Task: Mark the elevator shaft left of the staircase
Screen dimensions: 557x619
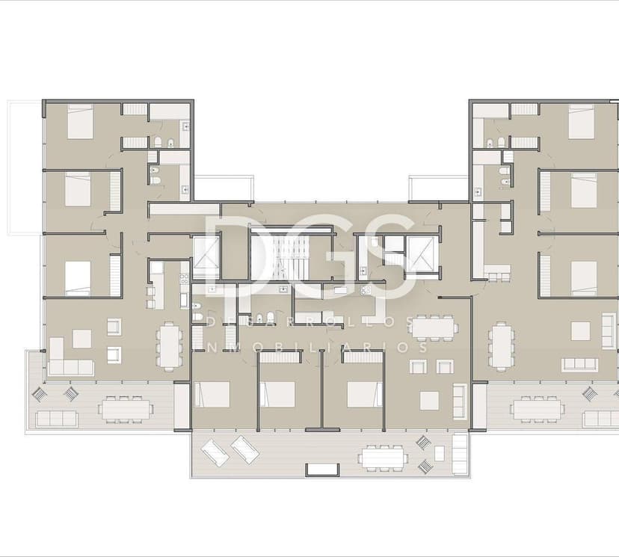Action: pos(206,256)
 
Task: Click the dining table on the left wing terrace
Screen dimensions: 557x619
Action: pos(125,409)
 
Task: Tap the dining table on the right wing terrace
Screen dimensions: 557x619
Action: pos(536,409)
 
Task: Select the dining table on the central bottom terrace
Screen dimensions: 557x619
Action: pos(381,456)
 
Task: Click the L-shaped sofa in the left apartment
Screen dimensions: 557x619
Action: pos(67,360)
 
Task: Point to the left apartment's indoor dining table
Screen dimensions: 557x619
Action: pos(170,345)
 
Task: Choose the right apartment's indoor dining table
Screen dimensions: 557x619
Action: pos(502,345)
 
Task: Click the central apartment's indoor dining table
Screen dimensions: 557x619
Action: pos(434,327)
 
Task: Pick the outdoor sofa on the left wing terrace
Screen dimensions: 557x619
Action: pos(56,419)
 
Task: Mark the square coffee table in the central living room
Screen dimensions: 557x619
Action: pos(429,400)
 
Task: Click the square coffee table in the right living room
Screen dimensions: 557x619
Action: pos(580,330)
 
